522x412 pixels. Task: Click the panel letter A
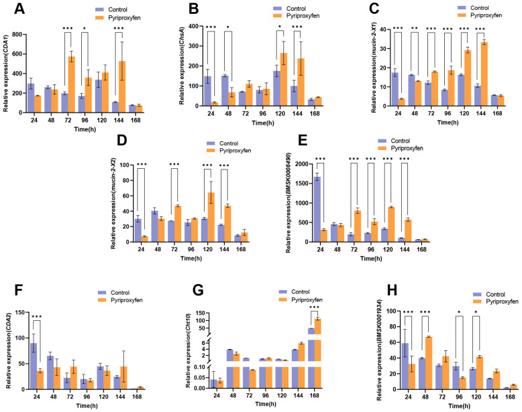(19, 9)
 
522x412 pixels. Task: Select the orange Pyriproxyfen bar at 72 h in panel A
(71, 84)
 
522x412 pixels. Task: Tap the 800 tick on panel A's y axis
(17, 35)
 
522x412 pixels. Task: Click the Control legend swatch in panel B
(278, 9)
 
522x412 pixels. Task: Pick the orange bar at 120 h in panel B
(284, 80)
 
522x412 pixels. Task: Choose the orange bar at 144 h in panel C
(484, 74)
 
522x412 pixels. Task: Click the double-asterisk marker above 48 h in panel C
(415, 28)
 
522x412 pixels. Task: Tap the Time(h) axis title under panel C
(448, 123)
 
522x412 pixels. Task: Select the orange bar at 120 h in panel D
(211, 217)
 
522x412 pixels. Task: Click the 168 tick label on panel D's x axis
(241, 249)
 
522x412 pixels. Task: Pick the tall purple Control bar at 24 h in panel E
(317, 210)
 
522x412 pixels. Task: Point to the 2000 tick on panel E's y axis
(302, 164)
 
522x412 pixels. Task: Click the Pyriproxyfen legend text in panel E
(407, 148)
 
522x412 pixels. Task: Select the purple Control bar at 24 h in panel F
(34, 366)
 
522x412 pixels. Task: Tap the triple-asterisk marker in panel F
(37, 317)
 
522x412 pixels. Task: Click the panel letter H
(393, 290)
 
